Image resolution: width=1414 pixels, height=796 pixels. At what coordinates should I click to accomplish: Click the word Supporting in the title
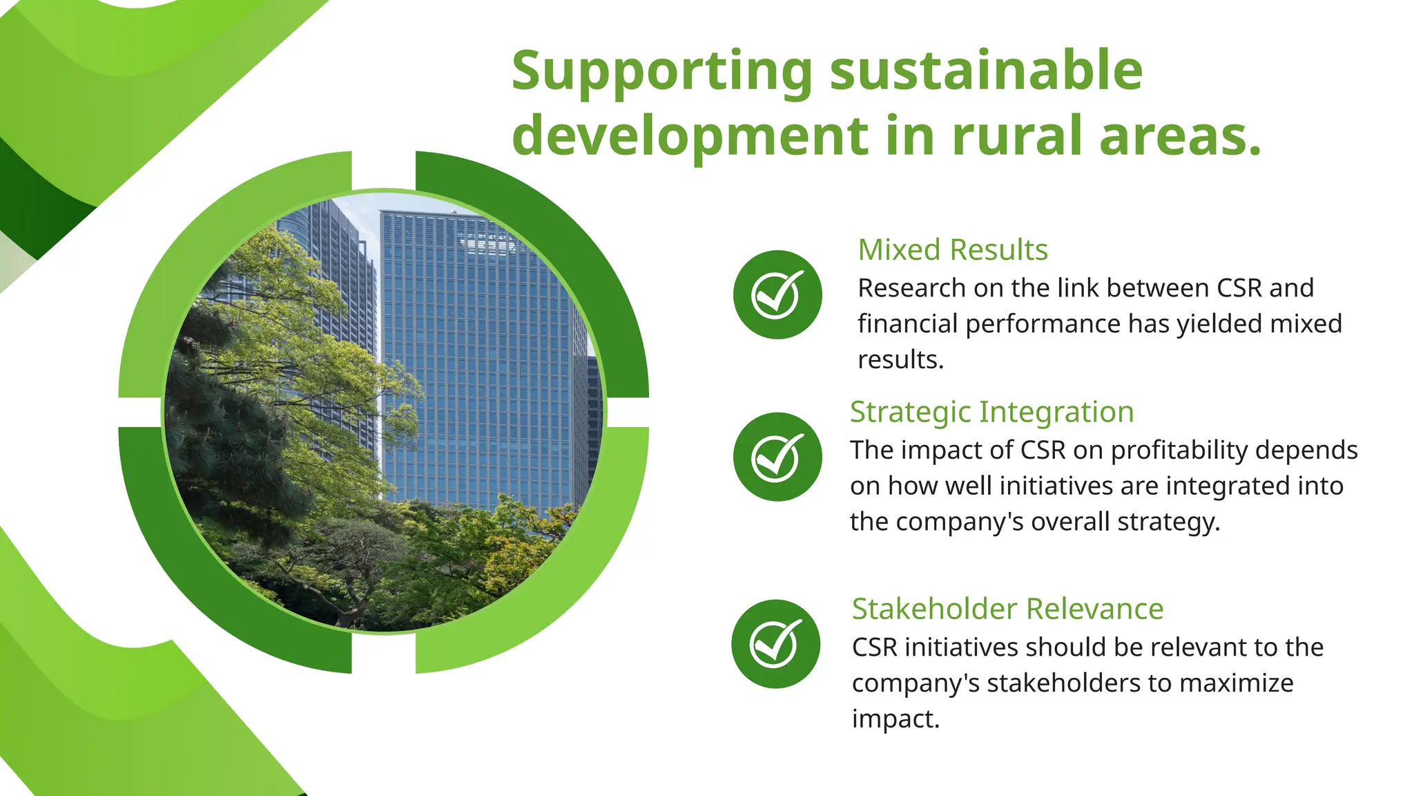661,72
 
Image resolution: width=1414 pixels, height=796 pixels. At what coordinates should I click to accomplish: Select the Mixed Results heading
952,249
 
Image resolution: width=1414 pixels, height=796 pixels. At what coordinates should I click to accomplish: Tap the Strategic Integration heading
991,412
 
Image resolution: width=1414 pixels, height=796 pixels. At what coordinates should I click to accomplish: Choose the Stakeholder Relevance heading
1007,609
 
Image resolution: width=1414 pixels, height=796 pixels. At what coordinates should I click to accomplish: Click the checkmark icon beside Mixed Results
777,295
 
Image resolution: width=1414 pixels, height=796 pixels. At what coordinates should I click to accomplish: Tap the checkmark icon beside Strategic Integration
777,457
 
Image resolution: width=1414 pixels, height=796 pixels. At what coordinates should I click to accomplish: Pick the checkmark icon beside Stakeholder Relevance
776,644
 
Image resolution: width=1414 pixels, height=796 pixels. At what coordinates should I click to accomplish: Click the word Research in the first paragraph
911,288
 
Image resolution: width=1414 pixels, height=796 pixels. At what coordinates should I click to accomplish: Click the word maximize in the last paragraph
1238,683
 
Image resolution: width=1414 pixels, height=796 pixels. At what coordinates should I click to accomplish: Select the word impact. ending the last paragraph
895,719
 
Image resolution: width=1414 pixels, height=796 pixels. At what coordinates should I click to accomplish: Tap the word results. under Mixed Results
900,359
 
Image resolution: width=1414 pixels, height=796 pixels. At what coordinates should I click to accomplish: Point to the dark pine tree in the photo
221,442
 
